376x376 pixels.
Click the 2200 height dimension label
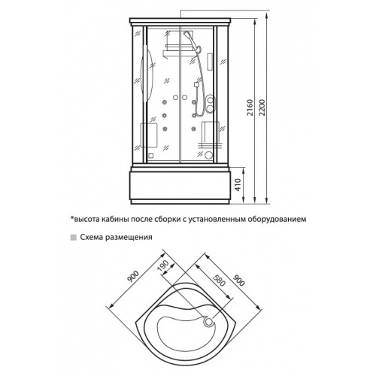[262, 108]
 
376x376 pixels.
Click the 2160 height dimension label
[250, 108]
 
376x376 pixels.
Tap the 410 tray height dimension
[238, 184]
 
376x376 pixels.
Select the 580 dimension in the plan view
[220, 280]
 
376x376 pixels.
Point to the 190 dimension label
[164, 267]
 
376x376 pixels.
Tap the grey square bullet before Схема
[74, 238]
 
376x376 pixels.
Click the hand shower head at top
[187, 35]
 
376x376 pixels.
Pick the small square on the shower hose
[197, 85]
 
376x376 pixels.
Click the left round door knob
[175, 97]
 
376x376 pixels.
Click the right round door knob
[184, 97]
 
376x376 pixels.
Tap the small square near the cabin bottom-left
[150, 156]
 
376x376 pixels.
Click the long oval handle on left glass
[147, 75]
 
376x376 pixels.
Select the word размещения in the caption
[129, 238]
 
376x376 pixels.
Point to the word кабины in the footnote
[115, 220]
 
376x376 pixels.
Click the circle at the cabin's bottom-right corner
[208, 155]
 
